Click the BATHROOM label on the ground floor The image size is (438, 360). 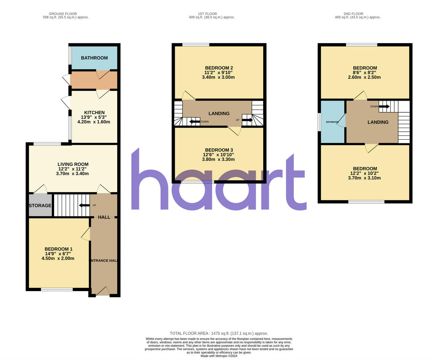(x=94, y=58)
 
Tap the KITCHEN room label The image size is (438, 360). (x=94, y=113)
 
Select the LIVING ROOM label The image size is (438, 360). (x=73, y=164)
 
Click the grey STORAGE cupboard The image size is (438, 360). (x=40, y=205)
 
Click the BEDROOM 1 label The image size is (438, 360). (x=58, y=249)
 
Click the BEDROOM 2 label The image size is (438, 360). (x=219, y=68)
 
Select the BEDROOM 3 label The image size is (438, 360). (x=219, y=150)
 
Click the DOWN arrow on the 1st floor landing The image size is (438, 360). (x=195, y=121)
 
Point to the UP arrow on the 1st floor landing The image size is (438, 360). (x=247, y=120)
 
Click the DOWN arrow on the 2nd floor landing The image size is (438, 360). (x=384, y=107)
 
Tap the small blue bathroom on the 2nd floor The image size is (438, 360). (x=332, y=122)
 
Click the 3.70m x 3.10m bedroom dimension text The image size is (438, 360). (x=365, y=178)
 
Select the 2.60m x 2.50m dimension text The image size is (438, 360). (x=365, y=77)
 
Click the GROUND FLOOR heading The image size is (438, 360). (x=63, y=14)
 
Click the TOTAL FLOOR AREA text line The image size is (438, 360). (x=219, y=333)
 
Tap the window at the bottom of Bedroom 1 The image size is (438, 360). (x=57, y=290)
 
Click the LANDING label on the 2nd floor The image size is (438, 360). (x=378, y=122)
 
